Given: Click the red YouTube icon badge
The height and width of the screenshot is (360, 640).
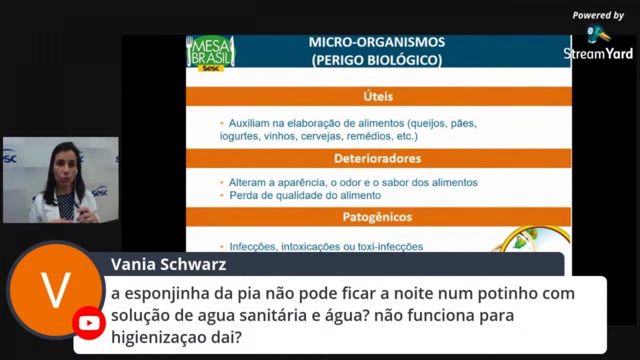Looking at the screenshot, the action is (89, 323).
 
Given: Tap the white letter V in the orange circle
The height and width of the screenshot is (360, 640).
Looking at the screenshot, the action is (56, 290).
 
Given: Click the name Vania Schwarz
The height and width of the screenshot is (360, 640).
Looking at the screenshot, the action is (168, 264).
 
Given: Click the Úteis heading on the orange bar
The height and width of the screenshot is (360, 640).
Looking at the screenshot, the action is (378, 96).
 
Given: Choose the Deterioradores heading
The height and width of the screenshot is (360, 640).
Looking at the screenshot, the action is (378, 158).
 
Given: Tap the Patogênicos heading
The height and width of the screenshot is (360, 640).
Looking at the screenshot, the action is (377, 217).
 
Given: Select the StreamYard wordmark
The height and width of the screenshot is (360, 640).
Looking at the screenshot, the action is (598, 54).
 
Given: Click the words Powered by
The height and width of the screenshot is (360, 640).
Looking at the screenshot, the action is (598, 16).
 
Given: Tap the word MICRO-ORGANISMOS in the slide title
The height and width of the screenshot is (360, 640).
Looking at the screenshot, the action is (377, 42).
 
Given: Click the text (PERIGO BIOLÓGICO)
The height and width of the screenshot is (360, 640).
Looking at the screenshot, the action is (377, 60).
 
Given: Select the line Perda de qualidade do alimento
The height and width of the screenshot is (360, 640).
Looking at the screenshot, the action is (305, 196).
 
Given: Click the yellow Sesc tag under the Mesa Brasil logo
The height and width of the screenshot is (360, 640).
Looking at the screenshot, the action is (211, 68).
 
